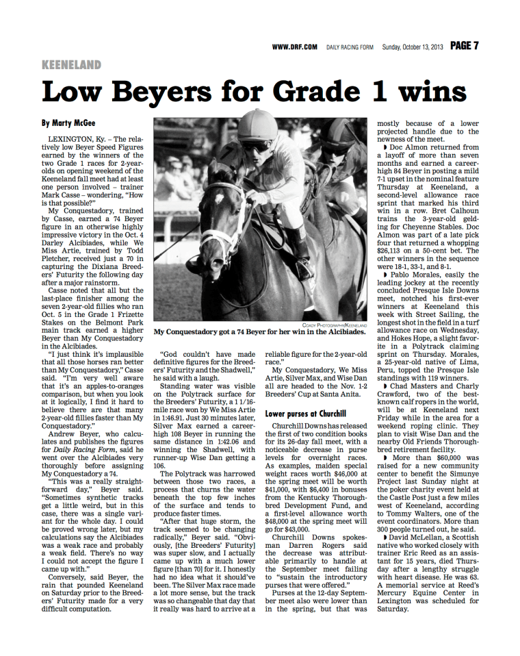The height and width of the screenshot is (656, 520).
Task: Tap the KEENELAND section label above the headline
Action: (x=71, y=65)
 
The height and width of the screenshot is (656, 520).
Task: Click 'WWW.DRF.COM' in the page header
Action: (x=294, y=47)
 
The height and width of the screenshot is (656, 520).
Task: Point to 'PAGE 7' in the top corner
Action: (x=464, y=46)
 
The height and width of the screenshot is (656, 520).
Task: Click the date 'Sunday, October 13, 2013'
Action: (x=413, y=47)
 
